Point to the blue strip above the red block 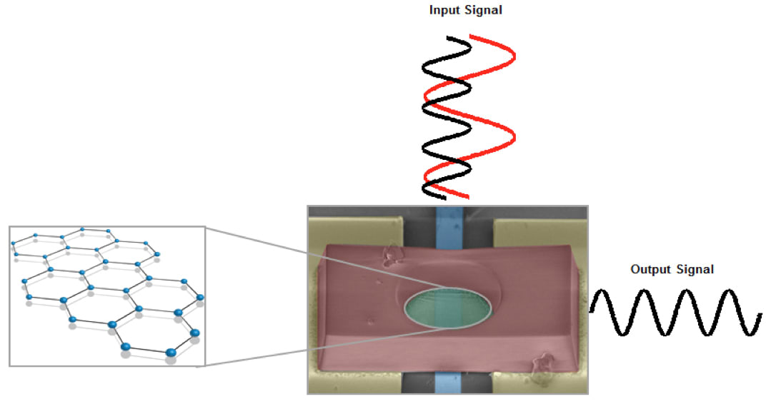pyautogui.click(x=449, y=225)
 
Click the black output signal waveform pyautogui.click(x=675, y=312)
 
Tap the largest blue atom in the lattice pyautogui.click(x=171, y=352)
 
